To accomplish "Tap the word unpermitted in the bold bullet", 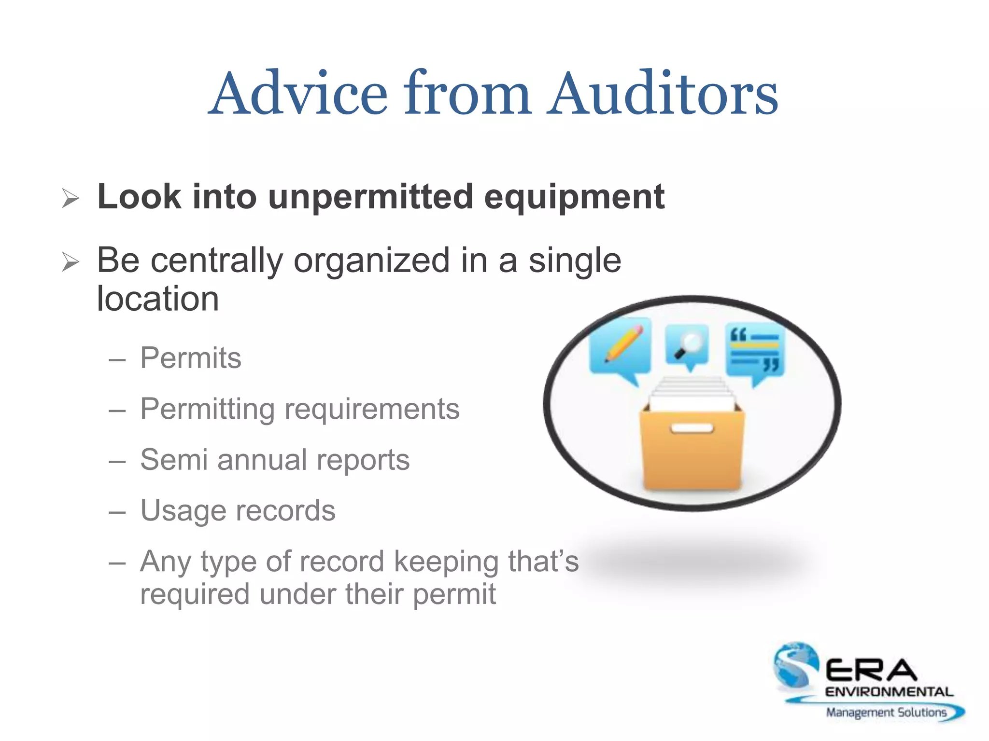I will (370, 197).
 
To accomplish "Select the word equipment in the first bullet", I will (574, 198).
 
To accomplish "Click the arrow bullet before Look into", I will (71, 198).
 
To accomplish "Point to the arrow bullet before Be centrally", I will (71, 262).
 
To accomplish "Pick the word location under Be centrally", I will (158, 299).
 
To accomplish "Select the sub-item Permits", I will (191, 358).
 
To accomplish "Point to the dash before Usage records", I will (117, 512).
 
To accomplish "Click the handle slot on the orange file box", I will (692, 428).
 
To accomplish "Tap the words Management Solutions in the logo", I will (886, 713).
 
